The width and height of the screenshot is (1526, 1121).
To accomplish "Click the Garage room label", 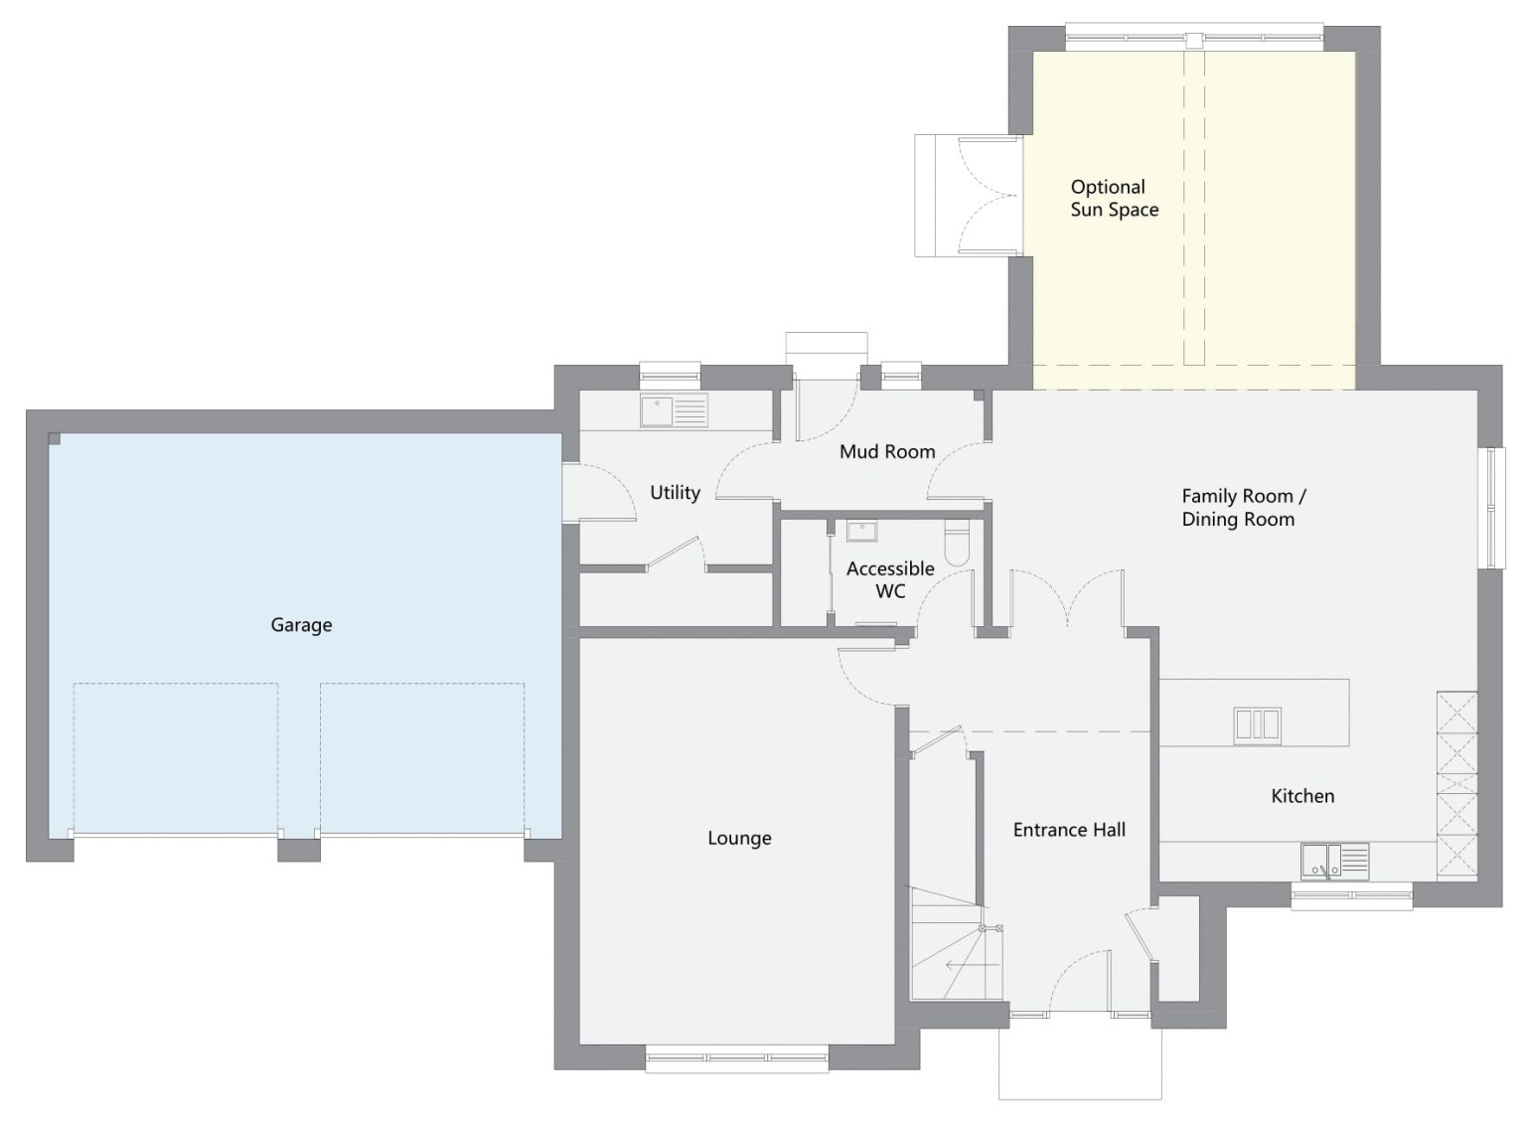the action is [x=301, y=625].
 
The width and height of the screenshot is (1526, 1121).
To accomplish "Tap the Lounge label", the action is [x=739, y=838].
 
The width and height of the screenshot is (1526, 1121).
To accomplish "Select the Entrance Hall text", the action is [x=1069, y=830].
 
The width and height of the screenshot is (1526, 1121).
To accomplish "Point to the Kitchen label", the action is [x=1302, y=796].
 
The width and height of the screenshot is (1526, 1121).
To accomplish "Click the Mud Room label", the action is [x=887, y=451].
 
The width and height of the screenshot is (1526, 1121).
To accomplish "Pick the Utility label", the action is [x=675, y=493].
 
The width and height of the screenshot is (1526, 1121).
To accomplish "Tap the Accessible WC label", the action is [x=890, y=579].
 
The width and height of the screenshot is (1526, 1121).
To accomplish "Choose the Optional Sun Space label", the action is [x=1115, y=199].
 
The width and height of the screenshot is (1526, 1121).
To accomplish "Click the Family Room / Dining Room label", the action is [x=1244, y=508].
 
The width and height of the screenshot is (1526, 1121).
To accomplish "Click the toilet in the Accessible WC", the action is [x=957, y=543].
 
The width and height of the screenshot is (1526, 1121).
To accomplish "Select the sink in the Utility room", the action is [x=674, y=410].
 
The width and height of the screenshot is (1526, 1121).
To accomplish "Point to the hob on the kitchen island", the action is [x=1257, y=725].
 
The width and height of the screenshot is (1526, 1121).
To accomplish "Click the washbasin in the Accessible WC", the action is [x=861, y=531].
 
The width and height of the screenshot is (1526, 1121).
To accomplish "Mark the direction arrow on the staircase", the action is [x=973, y=965].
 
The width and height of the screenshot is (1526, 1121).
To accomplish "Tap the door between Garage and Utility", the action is [x=599, y=493].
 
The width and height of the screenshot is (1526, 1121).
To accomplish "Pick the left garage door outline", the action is [x=175, y=758].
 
